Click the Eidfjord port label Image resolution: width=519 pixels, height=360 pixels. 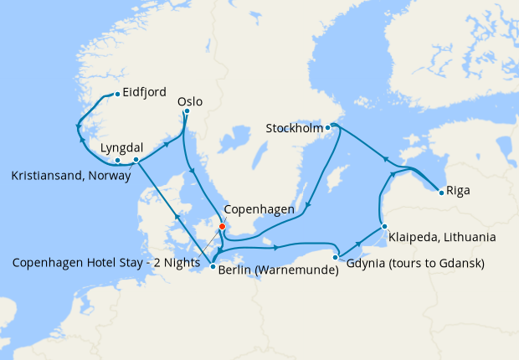point(144,93)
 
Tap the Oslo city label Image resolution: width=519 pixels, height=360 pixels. point(190,102)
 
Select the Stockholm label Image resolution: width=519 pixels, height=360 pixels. point(293,128)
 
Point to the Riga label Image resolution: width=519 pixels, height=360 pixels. point(458,190)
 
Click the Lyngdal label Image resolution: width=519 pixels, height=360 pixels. point(118,147)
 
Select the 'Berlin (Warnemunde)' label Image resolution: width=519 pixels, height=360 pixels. point(278,270)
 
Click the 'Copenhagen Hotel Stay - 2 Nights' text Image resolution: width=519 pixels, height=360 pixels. point(107,262)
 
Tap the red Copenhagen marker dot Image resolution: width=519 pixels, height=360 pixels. point(222,226)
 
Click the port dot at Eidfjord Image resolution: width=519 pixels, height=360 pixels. point(116,93)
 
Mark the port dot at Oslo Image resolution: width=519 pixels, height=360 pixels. point(186,111)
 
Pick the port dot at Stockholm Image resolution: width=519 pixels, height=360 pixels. point(328,127)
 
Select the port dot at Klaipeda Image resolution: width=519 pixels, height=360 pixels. point(383,226)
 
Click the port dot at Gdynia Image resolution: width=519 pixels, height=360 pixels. point(335,257)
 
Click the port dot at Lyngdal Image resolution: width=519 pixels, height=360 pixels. point(136,159)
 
